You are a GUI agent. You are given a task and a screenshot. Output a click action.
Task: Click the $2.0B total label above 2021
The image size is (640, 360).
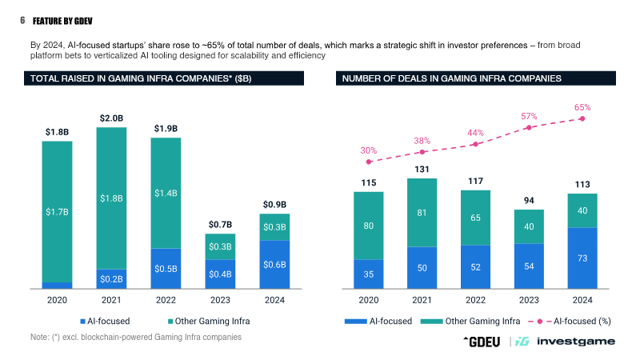(111, 118)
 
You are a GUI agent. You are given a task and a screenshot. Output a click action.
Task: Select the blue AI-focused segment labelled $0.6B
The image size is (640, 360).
(275, 263)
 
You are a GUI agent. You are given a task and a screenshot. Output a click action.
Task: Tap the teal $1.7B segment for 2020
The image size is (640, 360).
(57, 212)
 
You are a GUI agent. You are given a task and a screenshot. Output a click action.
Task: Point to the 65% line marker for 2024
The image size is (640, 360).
(582, 118)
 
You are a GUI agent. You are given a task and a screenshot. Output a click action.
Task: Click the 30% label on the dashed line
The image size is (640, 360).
(368, 150)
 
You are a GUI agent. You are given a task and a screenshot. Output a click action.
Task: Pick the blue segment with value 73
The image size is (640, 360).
(582, 258)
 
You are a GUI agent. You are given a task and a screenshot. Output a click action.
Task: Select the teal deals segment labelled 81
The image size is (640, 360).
(422, 213)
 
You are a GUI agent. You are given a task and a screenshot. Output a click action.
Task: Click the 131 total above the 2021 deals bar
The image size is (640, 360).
(422, 169)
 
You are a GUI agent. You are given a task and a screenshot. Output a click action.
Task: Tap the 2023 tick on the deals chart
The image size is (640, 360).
(529, 298)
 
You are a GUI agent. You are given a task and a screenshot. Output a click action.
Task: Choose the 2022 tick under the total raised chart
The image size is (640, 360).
(166, 298)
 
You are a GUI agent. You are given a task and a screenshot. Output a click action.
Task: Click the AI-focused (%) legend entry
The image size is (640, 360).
(570, 321)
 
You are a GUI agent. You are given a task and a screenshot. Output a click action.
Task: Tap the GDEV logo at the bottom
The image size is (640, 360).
(482, 341)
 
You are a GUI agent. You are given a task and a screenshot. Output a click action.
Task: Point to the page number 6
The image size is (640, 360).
(22, 19)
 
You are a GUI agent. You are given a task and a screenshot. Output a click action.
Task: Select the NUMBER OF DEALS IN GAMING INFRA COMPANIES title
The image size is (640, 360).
(451, 78)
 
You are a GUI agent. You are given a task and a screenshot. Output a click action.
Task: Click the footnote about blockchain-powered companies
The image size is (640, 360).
(135, 337)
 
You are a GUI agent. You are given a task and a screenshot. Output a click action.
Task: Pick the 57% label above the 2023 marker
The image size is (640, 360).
(529, 116)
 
